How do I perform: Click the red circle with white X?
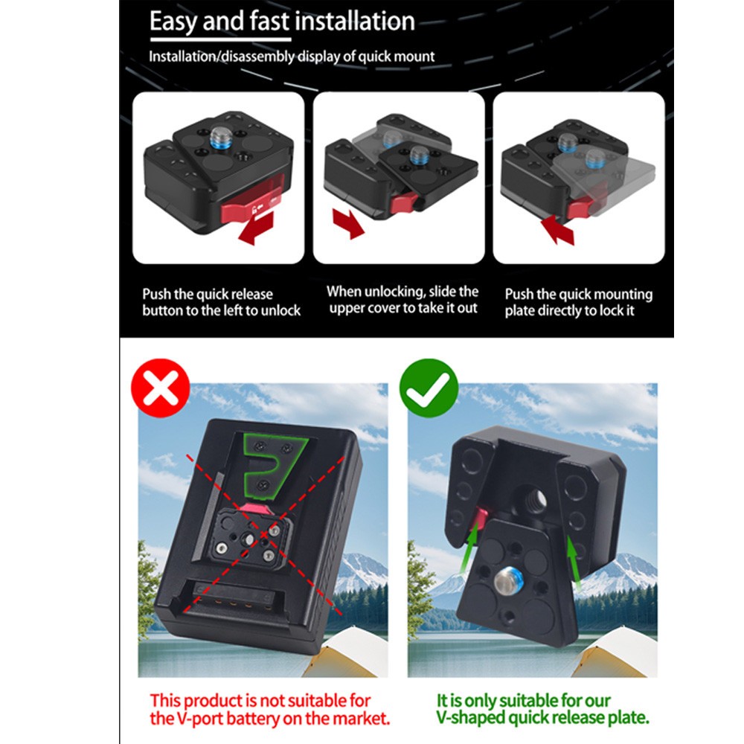161,388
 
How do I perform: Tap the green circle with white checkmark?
429,388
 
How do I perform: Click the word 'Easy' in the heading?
173,22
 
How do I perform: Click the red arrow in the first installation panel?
256,227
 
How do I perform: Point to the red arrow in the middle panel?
347,223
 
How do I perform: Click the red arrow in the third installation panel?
559,229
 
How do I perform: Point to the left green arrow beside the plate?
468,550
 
